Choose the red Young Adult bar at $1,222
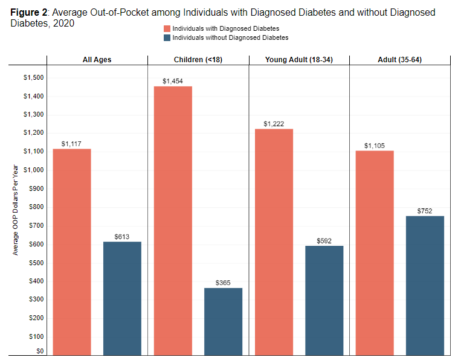(x=274, y=242)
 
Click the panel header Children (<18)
(x=198, y=60)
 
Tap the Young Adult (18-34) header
(x=298, y=60)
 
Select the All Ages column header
(x=97, y=60)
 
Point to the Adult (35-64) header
(x=399, y=60)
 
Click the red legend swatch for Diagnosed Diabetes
(x=167, y=28)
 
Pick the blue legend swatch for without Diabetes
(x=167, y=37)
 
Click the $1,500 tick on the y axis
(x=33, y=77)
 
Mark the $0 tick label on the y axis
(x=39, y=351)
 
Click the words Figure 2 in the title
(x=30, y=13)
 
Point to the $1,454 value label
(x=173, y=80)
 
